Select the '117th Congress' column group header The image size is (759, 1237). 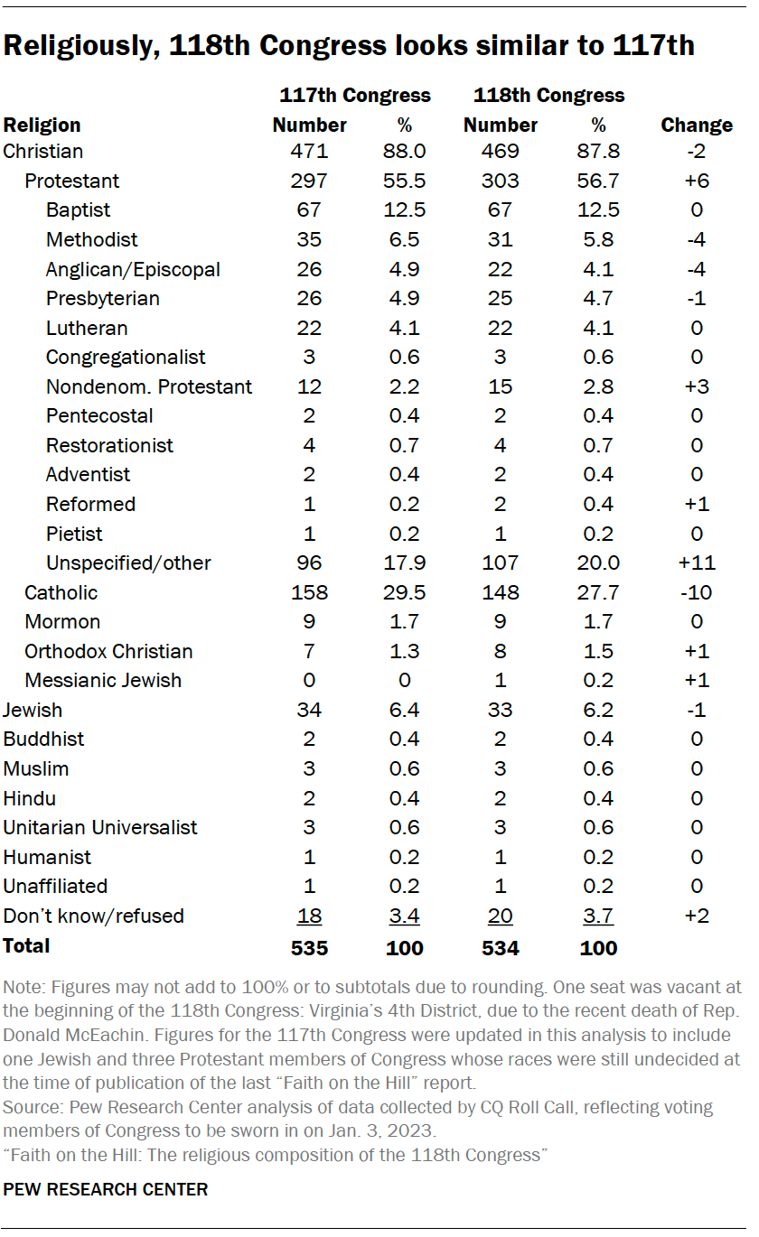point(354,95)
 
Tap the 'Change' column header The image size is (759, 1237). point(696,125)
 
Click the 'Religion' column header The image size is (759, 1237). point(42,125)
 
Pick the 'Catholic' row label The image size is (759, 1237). point(61,592)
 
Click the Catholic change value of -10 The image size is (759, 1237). point(696,592)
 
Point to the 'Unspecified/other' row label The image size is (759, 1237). point(128,563)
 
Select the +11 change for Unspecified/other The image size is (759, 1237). point(696,563)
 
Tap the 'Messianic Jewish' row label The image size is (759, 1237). point(103,680)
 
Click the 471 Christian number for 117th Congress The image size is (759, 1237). point(309,151)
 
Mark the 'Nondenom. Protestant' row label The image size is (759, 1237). point(149,386)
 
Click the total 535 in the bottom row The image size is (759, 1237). point(309,947)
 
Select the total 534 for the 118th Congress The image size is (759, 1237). point(500,947)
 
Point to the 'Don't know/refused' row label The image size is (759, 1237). point(93,916)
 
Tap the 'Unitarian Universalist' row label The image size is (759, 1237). point(100,827)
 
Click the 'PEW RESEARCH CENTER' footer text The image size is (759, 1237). point(106,1189)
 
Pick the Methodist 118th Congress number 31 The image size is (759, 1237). point(500,239)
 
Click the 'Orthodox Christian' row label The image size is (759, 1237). point(108,651)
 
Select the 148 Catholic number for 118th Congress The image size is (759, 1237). point(500,592)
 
